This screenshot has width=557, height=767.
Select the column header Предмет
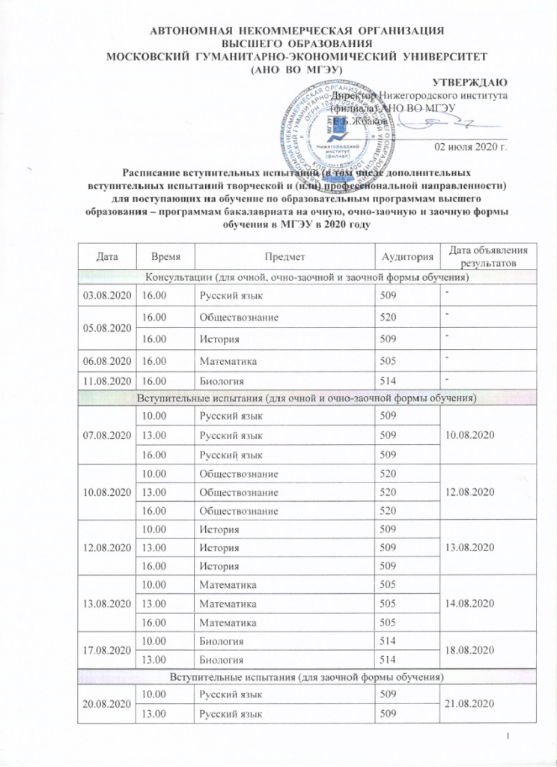[x=284, y=257]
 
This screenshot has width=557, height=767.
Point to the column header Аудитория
[x=407, y=257]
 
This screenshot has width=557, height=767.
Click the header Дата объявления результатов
[x=487, y=257]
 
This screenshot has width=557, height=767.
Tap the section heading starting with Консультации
[x=308, y=278]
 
